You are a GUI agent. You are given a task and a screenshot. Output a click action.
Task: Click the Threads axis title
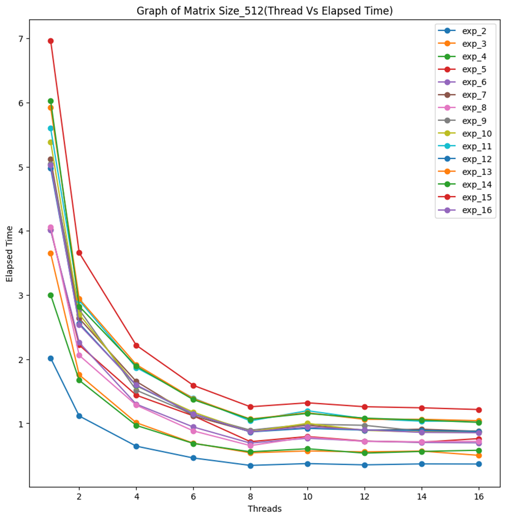click(x=264, y=509)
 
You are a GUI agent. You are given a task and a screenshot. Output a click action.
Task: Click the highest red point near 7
click(x=51, y=41)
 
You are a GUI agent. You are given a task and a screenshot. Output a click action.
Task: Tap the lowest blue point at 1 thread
click(x=51, y=358)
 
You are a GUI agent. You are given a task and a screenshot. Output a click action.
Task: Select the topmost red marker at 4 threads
click(x=136, y=345)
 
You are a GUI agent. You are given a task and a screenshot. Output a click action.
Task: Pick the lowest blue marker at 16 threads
click(x=479, y=464)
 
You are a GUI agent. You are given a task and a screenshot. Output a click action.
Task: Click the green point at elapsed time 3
click(x=51, y=295)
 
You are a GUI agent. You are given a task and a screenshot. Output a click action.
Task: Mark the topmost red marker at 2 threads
click(x=79, y=253)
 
